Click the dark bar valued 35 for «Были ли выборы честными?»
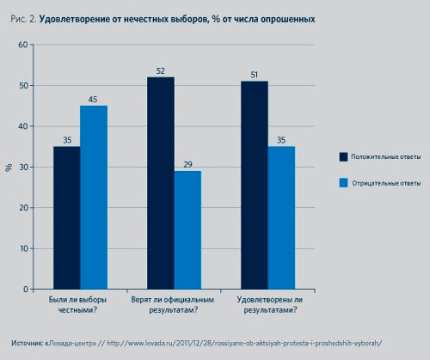click(x=67, y=217)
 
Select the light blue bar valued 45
click(x=94, y=198)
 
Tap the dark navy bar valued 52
click(x=160, y=183)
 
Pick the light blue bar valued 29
click(x=187, y=230)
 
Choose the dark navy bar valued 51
click(x=253, y=185)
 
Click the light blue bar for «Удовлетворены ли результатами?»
click(x=281, y=217)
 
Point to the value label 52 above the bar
click(x=160, y=70)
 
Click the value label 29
click(x=187, y=164)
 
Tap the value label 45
click(x=94, y=99)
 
